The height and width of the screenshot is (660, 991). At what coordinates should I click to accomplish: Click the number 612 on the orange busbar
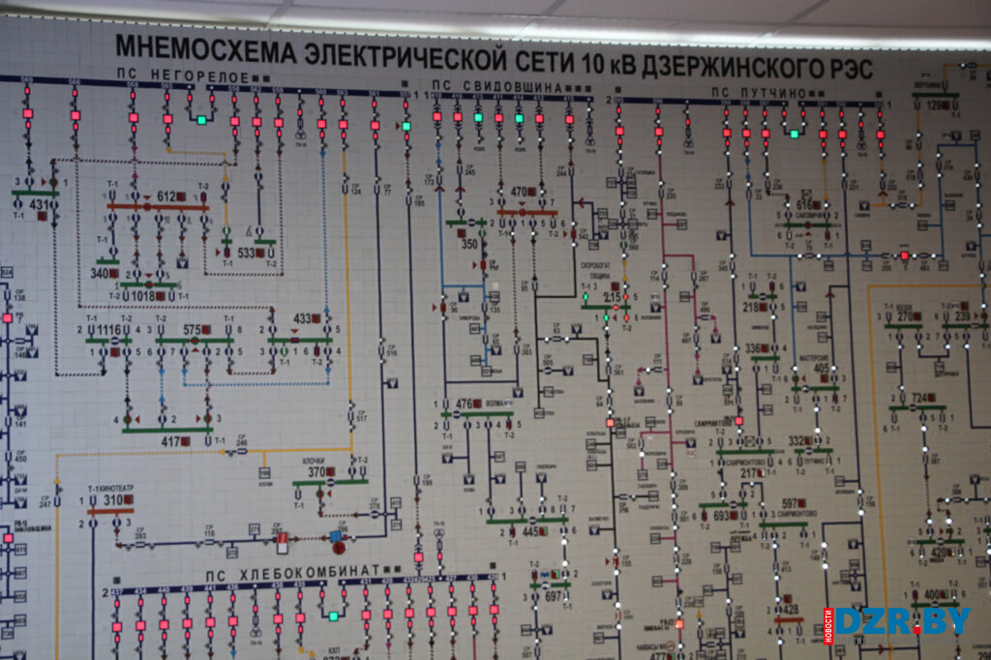point(166,197)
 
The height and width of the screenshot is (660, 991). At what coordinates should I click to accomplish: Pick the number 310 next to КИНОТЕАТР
point(113,500)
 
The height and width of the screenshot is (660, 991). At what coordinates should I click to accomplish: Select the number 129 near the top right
point(933,105)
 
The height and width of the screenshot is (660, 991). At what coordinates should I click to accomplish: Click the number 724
point(919,398)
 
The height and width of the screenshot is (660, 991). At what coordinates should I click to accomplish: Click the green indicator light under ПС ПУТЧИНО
point(794,134)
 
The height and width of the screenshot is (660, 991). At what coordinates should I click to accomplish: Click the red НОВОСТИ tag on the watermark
point(828,621)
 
